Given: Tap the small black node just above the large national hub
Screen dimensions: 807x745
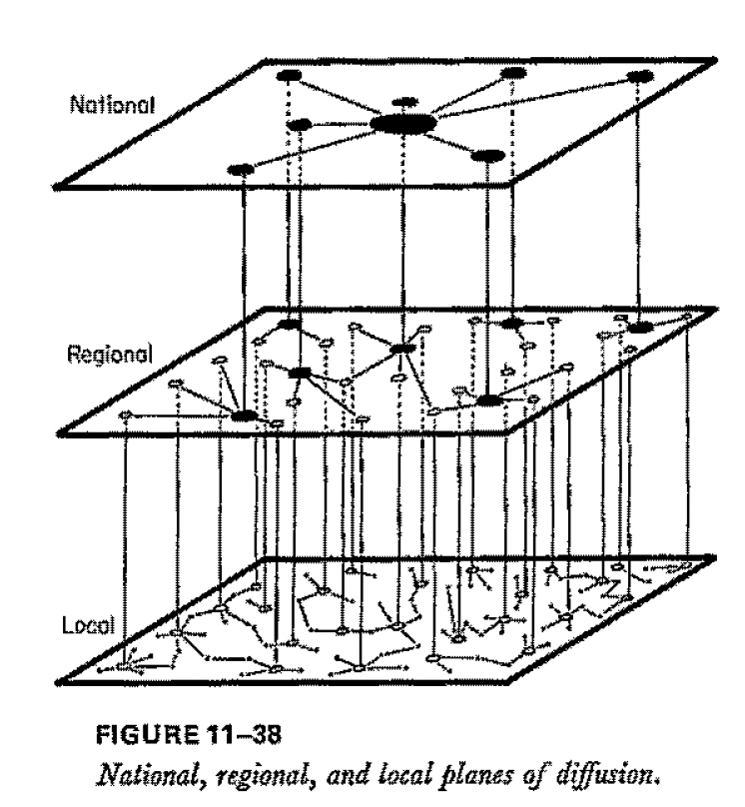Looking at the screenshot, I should tap(404, 102).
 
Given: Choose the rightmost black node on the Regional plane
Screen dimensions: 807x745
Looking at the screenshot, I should tap(638, 326).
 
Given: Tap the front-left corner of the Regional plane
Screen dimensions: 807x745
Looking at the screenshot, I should tap(59, 434).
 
